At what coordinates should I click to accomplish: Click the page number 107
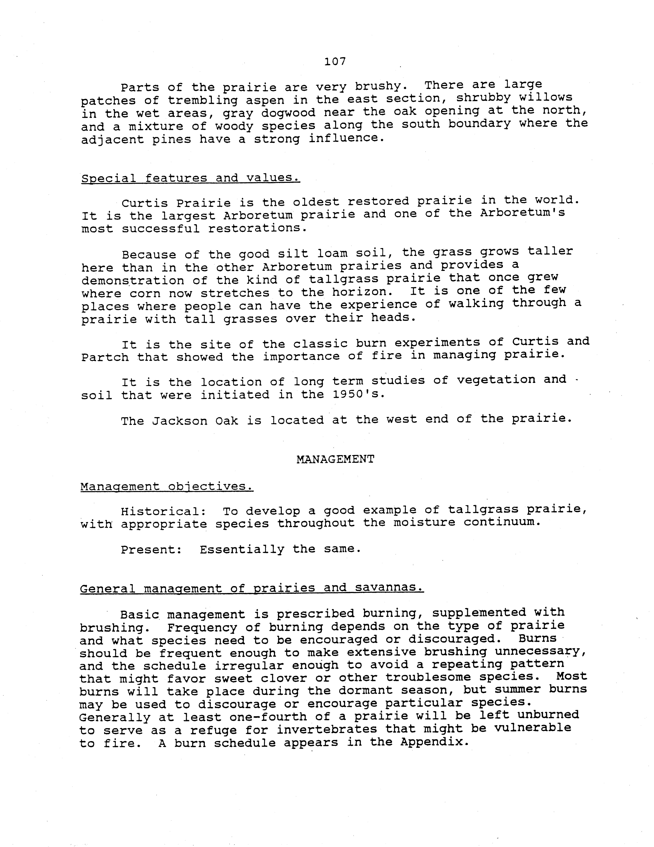click(334, 61)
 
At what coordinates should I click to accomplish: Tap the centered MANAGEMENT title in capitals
click(335, 460)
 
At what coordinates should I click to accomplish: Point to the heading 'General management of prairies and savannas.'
click(251, 588)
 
